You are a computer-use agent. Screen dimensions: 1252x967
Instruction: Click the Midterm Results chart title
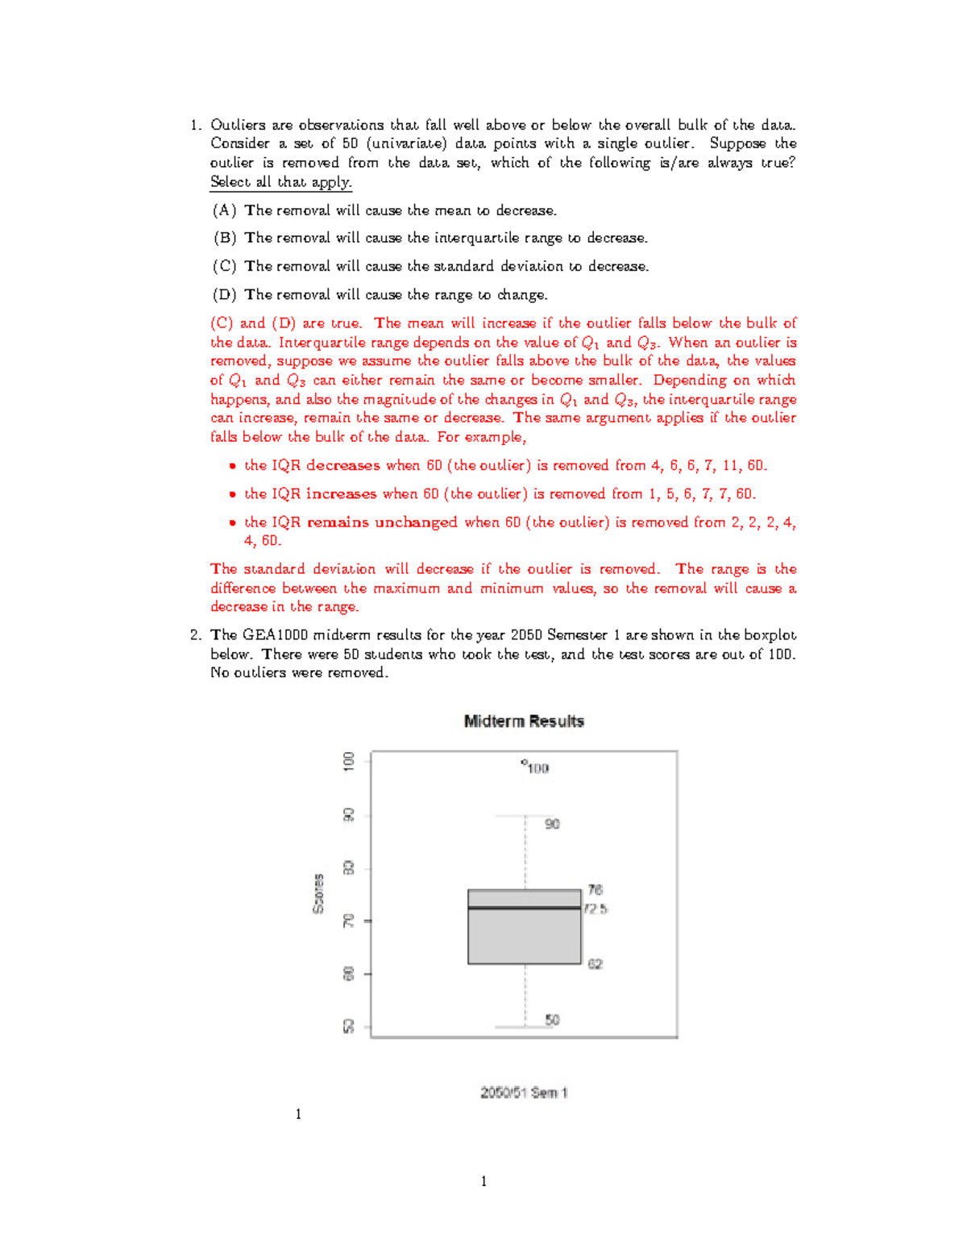click(x=524, y=722)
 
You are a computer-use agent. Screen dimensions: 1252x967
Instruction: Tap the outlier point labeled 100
click(x=524, y=762)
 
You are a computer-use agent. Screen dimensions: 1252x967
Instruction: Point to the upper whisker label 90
click(x=552, y=824)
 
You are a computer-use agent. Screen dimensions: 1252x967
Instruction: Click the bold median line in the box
click(x=524, y=908)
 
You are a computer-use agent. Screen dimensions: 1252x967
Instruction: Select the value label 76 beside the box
click(x=595, y=890)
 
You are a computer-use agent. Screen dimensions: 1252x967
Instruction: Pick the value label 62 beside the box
click(x=595, y=964)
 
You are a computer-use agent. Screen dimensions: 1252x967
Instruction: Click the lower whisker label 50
click(x=552, y=1020)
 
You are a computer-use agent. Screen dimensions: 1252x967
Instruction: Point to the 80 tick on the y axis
click(x=349, y=868)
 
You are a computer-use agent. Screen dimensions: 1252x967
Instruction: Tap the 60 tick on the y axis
click(x=349, y=974)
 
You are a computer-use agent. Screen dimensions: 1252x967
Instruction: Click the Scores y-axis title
click(x=318, y=894)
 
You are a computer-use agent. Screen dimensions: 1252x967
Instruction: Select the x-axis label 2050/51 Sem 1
click(x=524, y=1093)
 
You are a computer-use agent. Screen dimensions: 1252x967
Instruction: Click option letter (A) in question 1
click(x=224, y=210)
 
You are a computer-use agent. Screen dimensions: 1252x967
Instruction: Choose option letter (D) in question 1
click(x=224, y=295)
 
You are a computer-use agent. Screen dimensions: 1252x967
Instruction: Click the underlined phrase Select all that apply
click(x=280, y=182)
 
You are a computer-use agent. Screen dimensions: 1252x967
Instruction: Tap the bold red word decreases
click(x=342, y=466)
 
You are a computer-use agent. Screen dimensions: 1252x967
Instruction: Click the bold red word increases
click(x=341, y=494)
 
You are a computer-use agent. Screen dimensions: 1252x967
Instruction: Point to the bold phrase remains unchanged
click(x=382, y=522)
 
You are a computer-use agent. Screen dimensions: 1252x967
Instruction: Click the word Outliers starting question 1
click(x=238, y=125)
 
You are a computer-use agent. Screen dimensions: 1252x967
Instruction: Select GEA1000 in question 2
click(x=275, y=635)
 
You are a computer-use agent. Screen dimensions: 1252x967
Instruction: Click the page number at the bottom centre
click(x=483, y=1182)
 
